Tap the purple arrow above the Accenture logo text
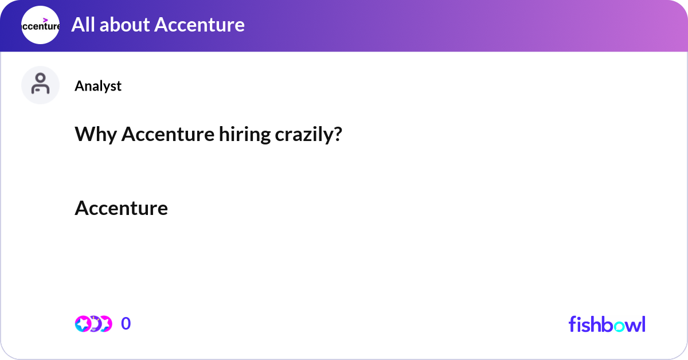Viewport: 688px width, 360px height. pos(45,19)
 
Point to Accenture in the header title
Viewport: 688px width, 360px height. pos(200,25)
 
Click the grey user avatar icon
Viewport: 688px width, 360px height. pos(40,85)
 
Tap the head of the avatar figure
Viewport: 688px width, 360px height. pos(40,79)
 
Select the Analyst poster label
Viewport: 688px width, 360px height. pos(98,86)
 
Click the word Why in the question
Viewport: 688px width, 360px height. pos(95,135)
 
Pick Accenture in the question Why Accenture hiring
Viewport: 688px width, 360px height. pos(167,135)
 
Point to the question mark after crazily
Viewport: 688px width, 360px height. pos(338,135)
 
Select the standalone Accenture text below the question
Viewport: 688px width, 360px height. pos(121,208)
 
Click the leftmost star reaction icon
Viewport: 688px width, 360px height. pos(83,324)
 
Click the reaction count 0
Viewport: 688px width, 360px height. pos(126,324)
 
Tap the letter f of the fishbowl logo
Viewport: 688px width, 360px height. pos(572,324)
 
